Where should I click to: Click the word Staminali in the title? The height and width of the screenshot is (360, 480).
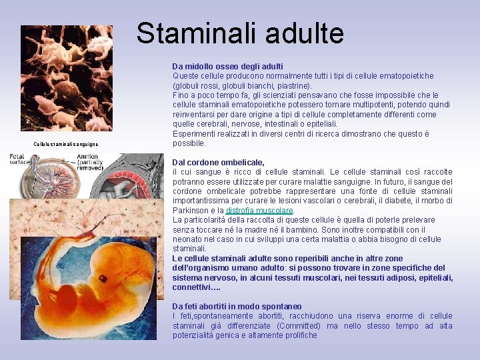click(193, 33)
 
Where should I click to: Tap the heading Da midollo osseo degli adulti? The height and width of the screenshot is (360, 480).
click(227, 67)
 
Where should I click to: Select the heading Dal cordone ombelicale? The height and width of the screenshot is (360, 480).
click(218, 162)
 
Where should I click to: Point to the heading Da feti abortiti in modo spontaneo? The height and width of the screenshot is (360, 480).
click(237, 307)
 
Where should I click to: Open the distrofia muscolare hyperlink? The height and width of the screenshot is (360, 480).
click(259, 211)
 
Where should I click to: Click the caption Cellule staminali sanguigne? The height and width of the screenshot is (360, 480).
click(66, 144)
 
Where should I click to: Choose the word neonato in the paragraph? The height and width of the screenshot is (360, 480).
click(187, 239)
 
